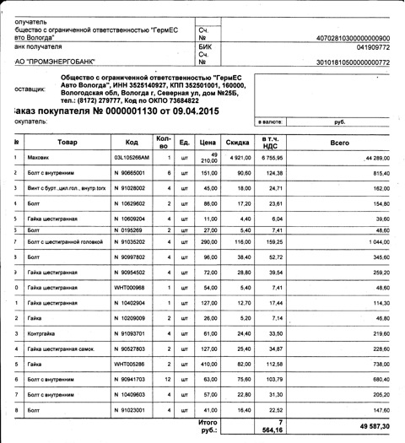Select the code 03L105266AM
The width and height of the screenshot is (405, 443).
coord(132,158)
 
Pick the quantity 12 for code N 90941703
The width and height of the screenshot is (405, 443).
coord(170,379)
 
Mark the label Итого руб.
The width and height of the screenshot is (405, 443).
coord(208,424)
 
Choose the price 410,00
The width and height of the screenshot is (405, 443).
coord(210,364)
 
